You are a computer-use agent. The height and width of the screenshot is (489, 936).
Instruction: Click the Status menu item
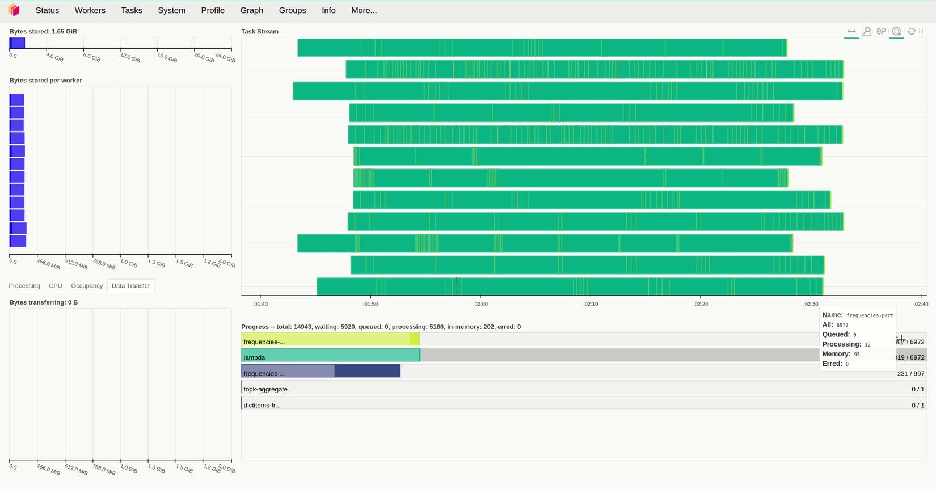pyautogui.click(x=47, y=11)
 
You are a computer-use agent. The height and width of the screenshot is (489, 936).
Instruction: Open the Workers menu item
pyautogui.click(x=90, y=11)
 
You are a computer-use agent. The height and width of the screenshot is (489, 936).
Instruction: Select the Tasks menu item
pyautogui.click(x=132, y=11)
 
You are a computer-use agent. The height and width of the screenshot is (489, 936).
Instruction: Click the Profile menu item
pyautogui.click(x=213, y=11)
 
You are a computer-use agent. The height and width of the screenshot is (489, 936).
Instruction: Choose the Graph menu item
pyautogui.click(x=251, y=11)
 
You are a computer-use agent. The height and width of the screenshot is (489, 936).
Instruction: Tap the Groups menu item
pyautogui.click(x=292, y=11)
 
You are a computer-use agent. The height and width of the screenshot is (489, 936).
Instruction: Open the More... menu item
pyautogui.click(x=364, y=11)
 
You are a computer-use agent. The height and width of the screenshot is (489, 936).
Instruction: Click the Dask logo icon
pyautogui.click(x=14, y=10)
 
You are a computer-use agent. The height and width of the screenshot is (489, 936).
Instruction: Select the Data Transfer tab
pyautogui.click(x=130, y=286)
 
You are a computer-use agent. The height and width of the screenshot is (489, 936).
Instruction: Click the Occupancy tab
pyautogui.click(x=87, y=286)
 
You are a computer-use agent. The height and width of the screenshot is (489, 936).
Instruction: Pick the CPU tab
pyautogui.click(x=56, y=286)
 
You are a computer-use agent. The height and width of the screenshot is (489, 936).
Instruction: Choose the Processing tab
pyautogui.click(x=24, y=286)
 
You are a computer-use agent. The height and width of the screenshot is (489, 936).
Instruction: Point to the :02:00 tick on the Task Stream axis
pyautogui.click(x=480, y=304)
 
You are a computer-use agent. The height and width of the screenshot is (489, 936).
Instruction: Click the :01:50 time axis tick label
pyautogui.click(x=370, y=304)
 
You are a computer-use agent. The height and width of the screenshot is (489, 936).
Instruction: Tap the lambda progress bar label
pyautogui.click(x=254, y=357)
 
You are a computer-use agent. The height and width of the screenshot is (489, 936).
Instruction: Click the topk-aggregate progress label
pyautogui.click(x=265, y=389)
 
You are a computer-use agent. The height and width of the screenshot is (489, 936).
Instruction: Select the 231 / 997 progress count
pyautogui.click(x=911, y=373)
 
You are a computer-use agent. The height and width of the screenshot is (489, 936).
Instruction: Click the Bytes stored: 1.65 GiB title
pyautogui.click(x=43, y=32)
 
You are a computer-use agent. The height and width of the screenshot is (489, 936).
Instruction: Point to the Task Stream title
pyautogui.click(x=260, y=32)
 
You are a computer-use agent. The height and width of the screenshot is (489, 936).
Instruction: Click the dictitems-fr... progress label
pyautogui.click(x=262, y=405)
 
